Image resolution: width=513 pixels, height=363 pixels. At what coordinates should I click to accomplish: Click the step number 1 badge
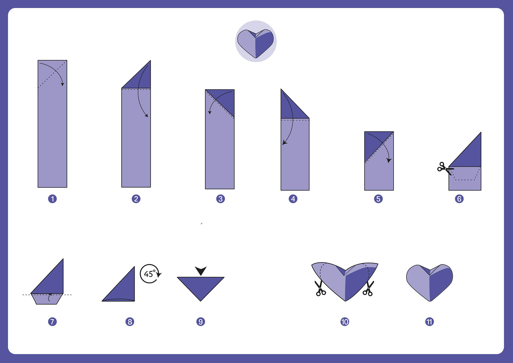click(x=52, y=199)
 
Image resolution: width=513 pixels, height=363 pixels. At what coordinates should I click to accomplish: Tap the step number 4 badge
click(x=293, y=199)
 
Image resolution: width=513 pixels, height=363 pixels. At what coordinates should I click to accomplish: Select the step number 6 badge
click(x=459, y=199)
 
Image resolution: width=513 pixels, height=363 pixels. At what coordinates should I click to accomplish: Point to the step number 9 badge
click(x=201, y=322)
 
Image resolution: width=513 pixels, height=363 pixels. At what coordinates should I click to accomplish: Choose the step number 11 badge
click(x=429, y=322)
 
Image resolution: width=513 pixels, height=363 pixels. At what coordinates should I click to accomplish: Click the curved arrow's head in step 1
click(x=62, y=84)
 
